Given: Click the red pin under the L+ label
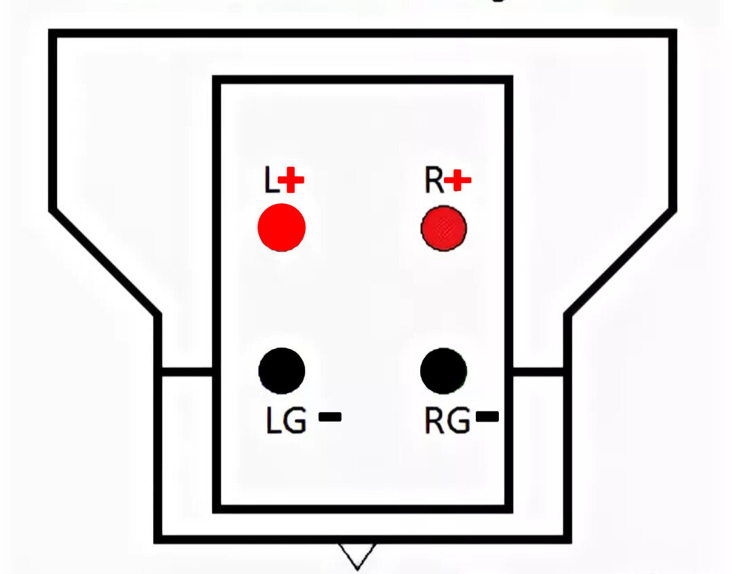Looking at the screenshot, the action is [x=281, y=227].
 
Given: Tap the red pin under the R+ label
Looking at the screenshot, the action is [x=443, y=228].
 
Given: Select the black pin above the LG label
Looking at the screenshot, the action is [x=281, y=371].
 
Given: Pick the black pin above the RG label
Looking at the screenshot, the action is [x=443, y=371].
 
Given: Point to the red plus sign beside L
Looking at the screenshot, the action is [x=291, y=180].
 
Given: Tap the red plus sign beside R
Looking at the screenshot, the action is [x=457, y=180].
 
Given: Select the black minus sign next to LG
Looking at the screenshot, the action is [x=330, y=417].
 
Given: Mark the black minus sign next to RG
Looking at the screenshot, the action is [x=487, y=416].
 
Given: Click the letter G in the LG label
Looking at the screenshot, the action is [x=295, y=420].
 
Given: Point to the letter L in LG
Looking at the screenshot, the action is [x=273, y=420].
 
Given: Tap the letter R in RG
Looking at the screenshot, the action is [x=434, y=420].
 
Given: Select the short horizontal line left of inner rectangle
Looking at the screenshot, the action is [x=187, y=372].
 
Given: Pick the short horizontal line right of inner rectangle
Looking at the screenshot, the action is [x=538, y=372].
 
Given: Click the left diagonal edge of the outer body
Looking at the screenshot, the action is [x=105, y=263].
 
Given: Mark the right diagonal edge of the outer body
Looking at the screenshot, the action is [x=620, y=263].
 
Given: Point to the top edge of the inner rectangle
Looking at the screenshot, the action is [x=363, y=80].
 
